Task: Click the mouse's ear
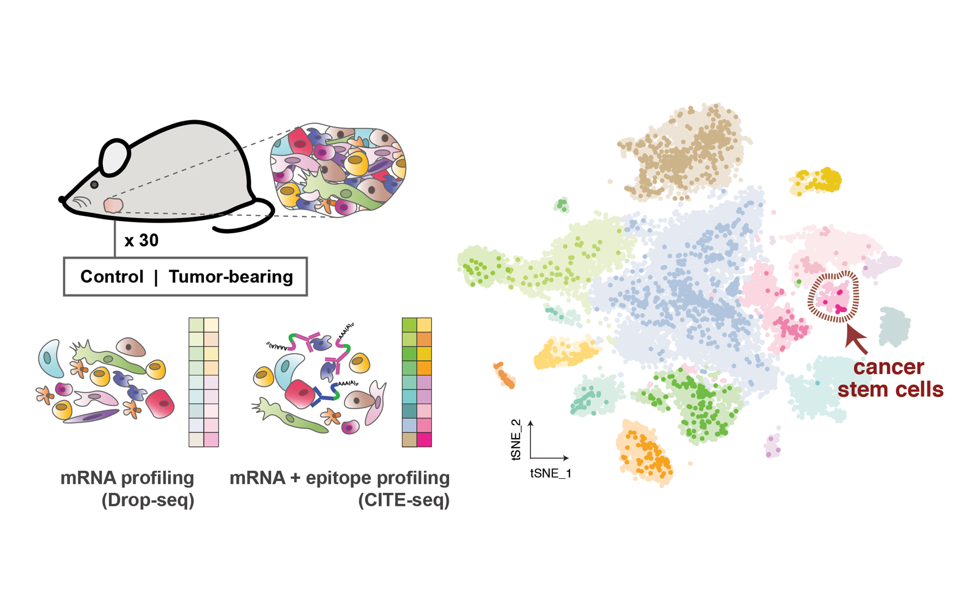pos(115,158)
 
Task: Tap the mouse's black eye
pos(94,185)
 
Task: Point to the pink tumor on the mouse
pos(113,205)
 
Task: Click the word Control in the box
pos(112,277)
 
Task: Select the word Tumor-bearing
pos(230,277)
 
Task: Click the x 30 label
pos(141,240)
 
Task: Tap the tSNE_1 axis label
pos(550,473)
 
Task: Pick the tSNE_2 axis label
pos(516,439)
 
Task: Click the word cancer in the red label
pos(888,367)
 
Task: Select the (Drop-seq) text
pos(148,500)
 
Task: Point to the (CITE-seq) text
pos(403,500)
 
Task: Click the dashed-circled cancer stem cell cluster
pos(833,297)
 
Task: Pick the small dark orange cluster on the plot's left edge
pos(504,375)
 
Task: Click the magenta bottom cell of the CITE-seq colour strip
pos(424,440)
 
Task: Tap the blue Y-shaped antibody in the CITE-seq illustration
pos(322,396)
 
